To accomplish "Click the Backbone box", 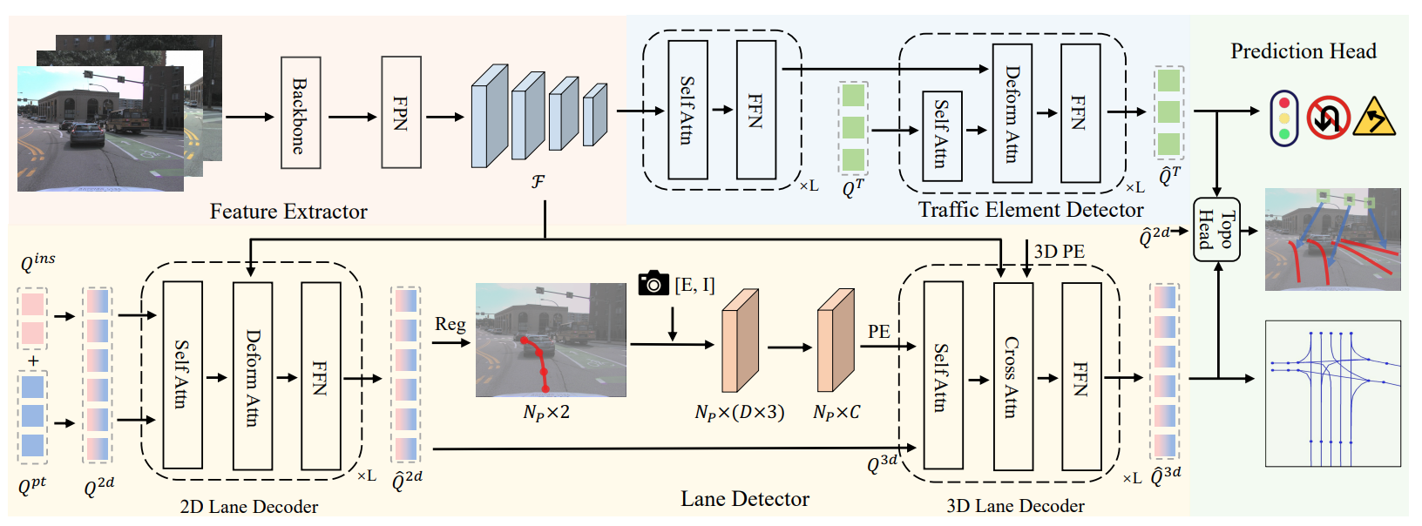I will (x=301, y=113).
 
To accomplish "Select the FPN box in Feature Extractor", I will (x=401, y=112).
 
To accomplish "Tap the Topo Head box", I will (x=1216, y=229).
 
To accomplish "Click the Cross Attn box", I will (x=1012, y=376).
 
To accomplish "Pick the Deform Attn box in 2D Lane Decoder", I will (x=253, y=376).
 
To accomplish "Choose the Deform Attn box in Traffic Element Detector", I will (x=1012, y=113).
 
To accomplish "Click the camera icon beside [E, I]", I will (x=653, y=283).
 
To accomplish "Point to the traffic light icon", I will (x=1284, y=118).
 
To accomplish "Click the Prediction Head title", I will (x=1303, y=51).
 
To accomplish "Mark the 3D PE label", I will (x=1059, y=252).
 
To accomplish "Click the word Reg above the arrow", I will (x=450, y=324).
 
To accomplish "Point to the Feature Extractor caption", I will (x=288, y=212).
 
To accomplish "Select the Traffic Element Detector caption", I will (x=1030, y=210).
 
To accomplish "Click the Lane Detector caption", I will (x=745, y=499).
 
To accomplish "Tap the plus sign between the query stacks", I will (x=33, y=361).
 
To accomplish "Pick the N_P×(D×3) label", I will (x=739, y=412).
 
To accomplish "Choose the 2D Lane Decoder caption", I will (x=248, y=507).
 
